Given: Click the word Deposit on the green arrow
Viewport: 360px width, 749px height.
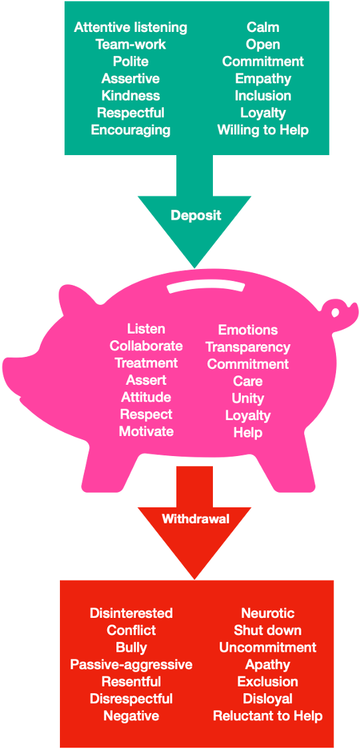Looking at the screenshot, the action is [196, 216].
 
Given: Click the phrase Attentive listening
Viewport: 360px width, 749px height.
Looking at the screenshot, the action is [130, 27].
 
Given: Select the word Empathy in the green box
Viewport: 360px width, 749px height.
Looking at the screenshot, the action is [263, 79].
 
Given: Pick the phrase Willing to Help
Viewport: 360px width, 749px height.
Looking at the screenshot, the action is [263, 130].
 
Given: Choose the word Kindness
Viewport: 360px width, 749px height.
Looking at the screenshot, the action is [130, 95].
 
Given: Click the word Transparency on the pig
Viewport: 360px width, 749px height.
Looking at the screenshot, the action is [248, 347].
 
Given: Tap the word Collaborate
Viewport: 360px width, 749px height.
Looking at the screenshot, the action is [146, 346].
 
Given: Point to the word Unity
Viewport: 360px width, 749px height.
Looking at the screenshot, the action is [248, 398].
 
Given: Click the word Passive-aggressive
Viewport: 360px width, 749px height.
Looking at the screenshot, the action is [131, 664].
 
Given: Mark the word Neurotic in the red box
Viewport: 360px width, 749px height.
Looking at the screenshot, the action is [268, 613].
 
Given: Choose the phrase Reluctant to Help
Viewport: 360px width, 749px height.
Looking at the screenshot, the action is [268, 716].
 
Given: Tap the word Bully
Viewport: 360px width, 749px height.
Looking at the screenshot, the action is [131, 647].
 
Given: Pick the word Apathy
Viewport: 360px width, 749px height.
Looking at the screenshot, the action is [268, 664].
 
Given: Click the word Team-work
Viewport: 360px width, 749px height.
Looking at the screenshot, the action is [130, 45].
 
